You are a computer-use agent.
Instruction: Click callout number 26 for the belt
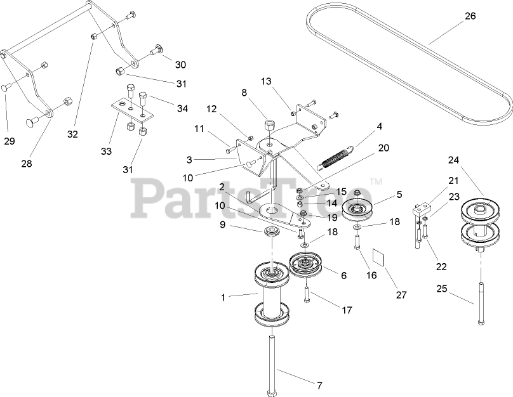click(470, 16)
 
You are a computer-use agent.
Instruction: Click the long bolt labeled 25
click(481, 303)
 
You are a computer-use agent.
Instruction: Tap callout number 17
click(347, 311)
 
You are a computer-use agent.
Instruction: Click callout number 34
click(182, 108)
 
